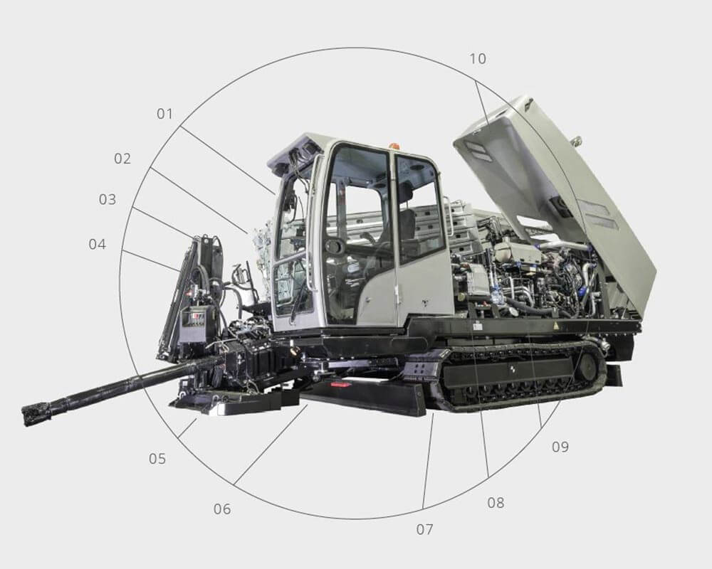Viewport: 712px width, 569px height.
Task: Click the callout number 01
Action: click(x=165, y=113)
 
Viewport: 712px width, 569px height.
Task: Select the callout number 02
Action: click(x=122, y=159)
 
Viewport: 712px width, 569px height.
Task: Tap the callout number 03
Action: click(x=108, y=199)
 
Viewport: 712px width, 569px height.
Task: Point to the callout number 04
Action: click(x=97, y=244)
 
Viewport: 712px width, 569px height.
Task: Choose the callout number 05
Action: click(x=157, y=459)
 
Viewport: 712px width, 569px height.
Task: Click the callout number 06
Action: click(x=222, y=509)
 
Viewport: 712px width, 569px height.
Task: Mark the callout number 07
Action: click(x=424, y=529)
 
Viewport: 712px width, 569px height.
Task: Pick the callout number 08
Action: click(x=496, y=503)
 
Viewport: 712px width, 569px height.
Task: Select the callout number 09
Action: click(x=560, y=447)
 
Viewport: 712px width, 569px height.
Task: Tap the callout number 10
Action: click(x=478, y=58)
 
